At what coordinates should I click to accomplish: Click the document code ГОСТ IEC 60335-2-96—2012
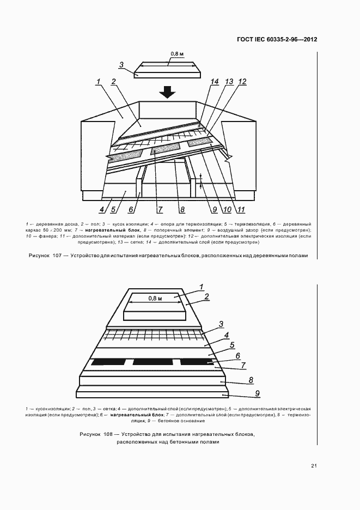[277, 40]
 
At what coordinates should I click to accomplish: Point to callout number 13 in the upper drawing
[229, 82]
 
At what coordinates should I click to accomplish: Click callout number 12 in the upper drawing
[242, 82]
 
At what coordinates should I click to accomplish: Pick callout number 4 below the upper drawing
[102, 209]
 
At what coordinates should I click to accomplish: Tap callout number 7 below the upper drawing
[160, 209]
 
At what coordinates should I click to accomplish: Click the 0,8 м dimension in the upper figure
[176, 54]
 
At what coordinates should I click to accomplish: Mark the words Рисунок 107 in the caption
[45, 256]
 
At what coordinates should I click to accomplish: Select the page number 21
[314, 466]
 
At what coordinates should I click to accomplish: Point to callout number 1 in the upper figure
[99, 82]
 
